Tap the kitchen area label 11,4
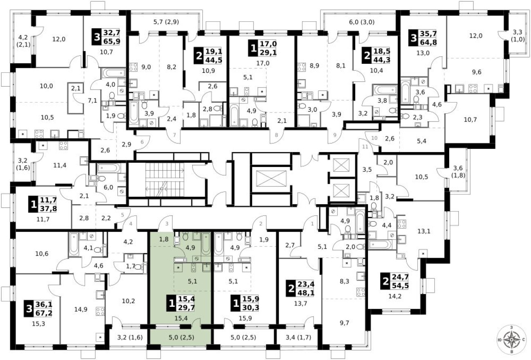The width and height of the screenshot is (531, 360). click(60, 165)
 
